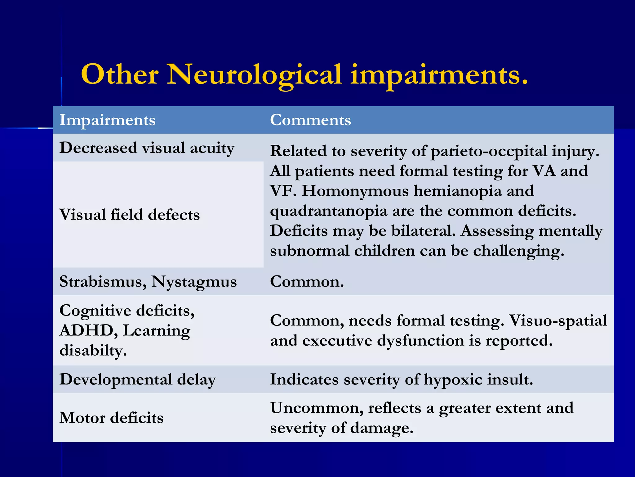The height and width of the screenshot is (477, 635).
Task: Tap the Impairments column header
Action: [107, 120]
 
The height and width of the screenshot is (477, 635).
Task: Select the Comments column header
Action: [310, 120]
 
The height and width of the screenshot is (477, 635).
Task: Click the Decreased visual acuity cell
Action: [147, 148]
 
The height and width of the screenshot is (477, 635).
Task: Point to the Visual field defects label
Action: [129, 215]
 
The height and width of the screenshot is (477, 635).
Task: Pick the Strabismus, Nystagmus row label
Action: [148, 282]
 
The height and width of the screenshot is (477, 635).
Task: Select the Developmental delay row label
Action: [138, 379]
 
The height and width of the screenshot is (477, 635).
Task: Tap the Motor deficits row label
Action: [111, 418]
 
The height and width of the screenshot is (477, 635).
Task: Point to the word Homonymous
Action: [355, 191]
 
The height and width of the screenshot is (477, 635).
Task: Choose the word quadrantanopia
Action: [328, 211]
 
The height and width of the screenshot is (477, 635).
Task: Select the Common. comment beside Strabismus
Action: [307, 282]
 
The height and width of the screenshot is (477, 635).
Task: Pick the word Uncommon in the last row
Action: [316, 408]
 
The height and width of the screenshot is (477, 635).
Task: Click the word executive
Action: [337, 341]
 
